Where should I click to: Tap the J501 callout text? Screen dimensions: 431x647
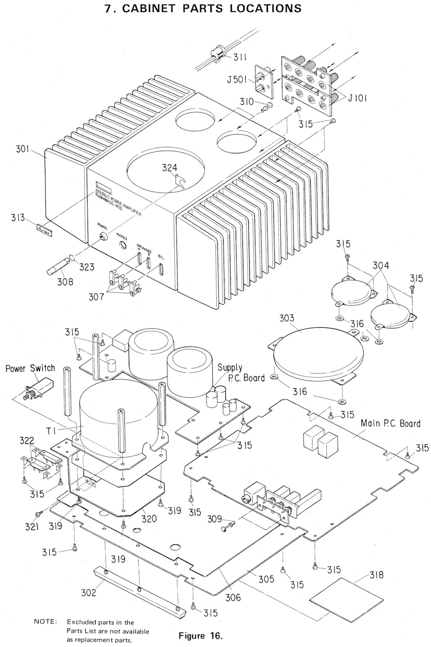click(237, 79)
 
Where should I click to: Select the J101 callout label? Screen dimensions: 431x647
click(357, 99)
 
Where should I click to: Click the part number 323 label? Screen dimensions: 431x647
click(87, 266)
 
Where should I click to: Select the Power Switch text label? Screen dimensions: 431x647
click(31, 368)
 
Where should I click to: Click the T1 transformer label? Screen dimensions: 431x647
click(51, 431)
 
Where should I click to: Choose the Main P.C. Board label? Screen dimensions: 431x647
click(390, 423)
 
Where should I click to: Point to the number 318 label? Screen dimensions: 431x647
click(376, 575)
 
